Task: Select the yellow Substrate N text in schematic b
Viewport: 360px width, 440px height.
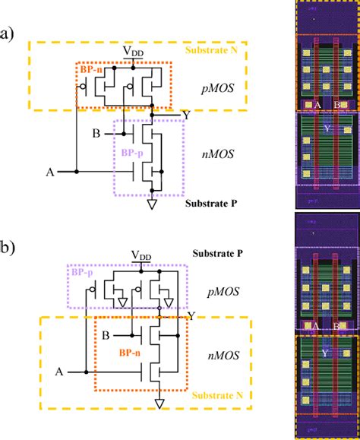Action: [213, 418]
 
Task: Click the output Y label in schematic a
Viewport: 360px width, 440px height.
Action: [186, 115]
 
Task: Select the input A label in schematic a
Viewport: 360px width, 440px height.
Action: [49, 173]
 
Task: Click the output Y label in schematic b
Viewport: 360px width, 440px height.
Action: [198, 315]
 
